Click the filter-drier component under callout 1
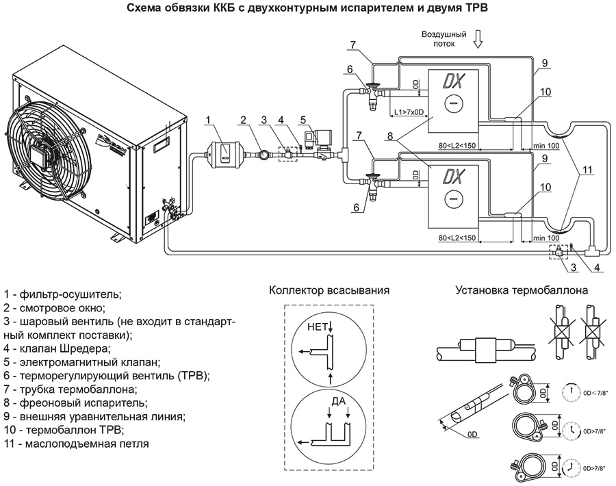222,152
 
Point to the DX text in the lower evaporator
452,177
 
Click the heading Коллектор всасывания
329,290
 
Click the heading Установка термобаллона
522,290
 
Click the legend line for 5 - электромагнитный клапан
81,361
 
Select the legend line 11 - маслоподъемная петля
76,444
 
